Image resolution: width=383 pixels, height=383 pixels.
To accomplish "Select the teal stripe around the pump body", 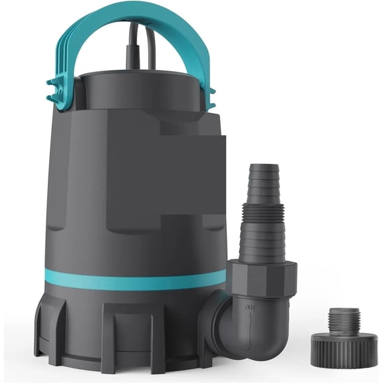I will [133, 279].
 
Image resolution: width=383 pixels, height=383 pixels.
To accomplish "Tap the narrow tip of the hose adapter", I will [259, 173].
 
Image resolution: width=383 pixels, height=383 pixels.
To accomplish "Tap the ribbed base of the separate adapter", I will [344, 349].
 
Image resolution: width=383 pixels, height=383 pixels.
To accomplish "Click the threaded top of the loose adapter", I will [344, 317].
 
